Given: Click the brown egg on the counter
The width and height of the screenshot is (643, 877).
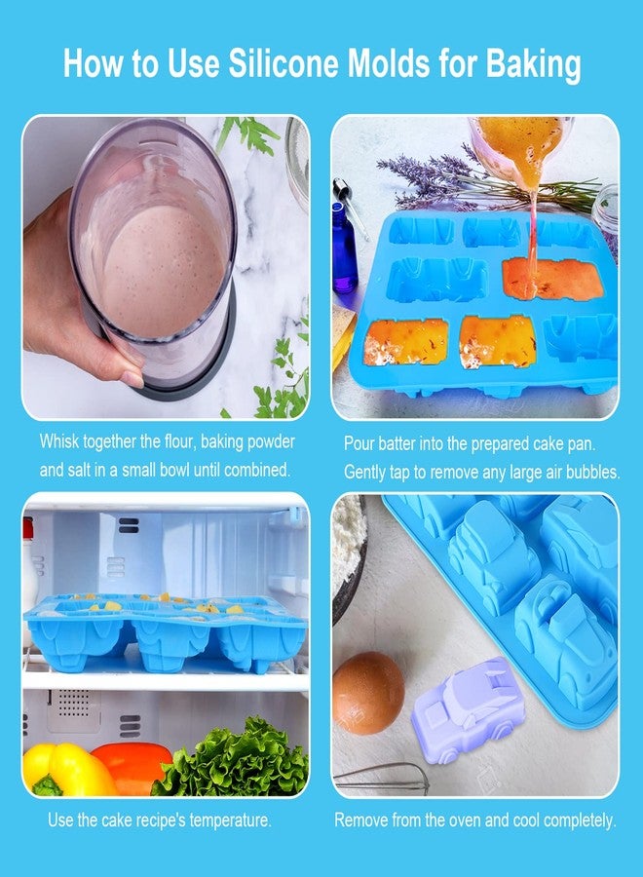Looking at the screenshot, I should [x=368, y=692].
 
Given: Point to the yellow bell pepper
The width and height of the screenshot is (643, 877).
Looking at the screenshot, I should [x=66, y=769].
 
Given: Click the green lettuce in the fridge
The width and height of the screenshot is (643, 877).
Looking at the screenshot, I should [x=234, y=760].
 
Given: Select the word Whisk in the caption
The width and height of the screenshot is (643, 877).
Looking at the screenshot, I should [x=61, y=441].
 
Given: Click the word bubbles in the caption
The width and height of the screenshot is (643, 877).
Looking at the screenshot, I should [x=591, y=472].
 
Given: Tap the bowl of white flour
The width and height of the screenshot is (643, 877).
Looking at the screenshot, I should [x=348, y=555].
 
